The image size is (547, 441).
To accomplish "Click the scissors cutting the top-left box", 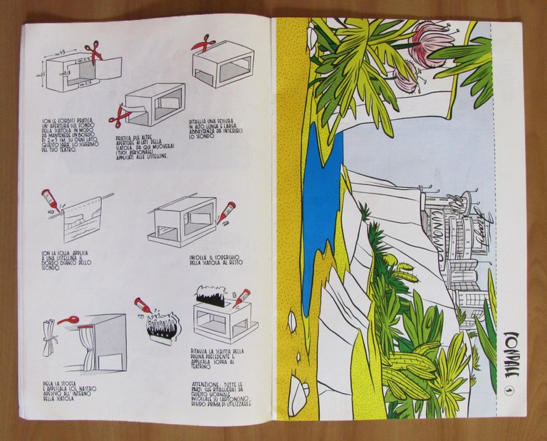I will (93, 53).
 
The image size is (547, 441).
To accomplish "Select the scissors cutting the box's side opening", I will (118, 114).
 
